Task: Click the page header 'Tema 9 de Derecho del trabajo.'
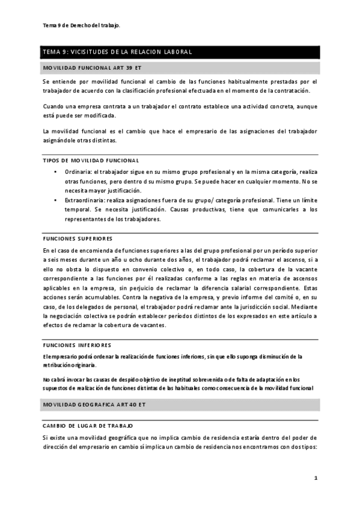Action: coord(81,25)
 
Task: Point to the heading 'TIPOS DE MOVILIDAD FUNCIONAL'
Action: coord(91,161)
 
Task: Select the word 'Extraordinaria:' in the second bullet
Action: coord(87,199)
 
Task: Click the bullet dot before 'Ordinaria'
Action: coord(55,171)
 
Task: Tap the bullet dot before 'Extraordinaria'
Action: coord(55,199)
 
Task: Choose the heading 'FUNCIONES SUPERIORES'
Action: coord(78,238)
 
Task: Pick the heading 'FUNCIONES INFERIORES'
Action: coord(77,345)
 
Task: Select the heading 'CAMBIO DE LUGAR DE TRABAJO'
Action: coord(88,425)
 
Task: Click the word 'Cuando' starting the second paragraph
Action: coord(53,106)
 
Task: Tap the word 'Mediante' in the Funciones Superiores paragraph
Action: coord(305,306)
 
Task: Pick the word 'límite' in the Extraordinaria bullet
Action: coord(307,199)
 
